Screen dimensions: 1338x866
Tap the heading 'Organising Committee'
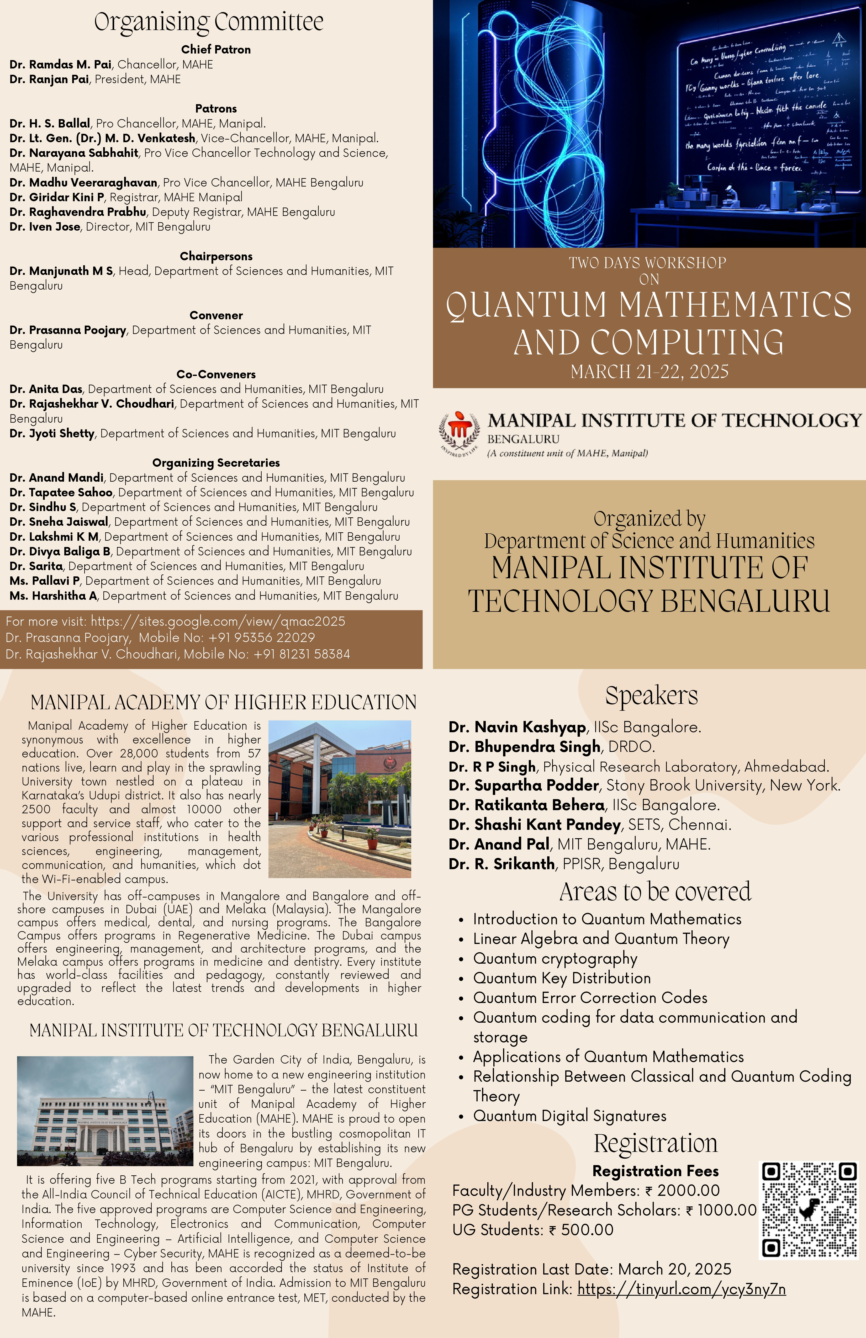(209, 22)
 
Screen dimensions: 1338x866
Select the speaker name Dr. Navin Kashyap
(517, 727)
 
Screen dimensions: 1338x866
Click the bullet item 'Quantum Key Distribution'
(562, 978)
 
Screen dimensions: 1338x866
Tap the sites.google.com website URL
(218, 621)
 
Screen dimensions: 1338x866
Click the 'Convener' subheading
(216, 315)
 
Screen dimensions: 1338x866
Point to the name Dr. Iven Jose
(45, 227)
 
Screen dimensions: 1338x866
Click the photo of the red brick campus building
(340, 799)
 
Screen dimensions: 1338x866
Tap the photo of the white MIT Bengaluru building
(105, 1110)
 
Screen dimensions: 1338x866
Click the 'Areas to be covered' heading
(654, 892)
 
